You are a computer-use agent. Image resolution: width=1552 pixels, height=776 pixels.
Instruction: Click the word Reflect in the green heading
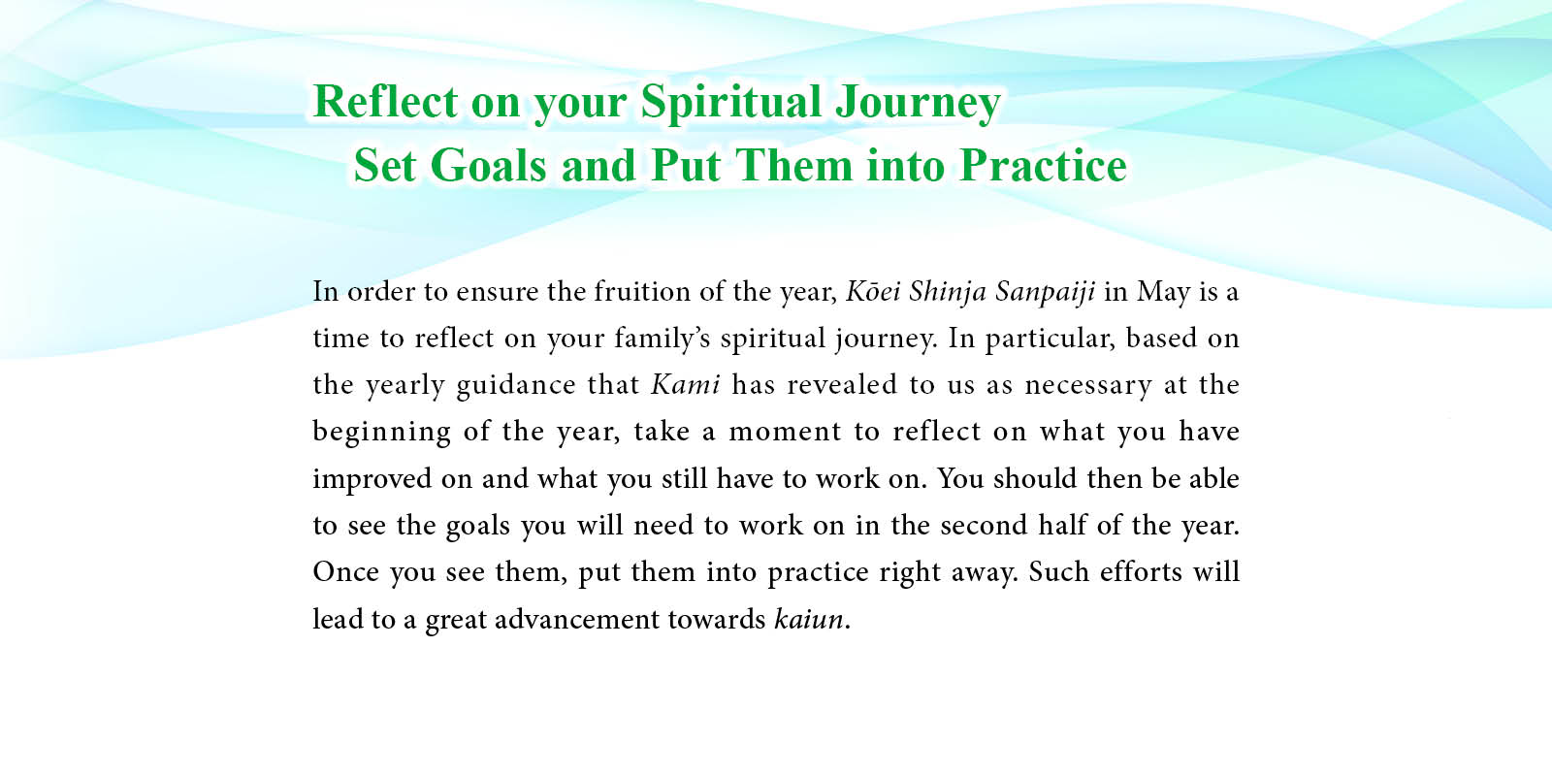(x=386, y=101)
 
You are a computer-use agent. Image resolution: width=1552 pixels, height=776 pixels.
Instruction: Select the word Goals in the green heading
(x=488, y=166)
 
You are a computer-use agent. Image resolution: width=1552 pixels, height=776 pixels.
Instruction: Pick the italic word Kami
(x=685, y=384)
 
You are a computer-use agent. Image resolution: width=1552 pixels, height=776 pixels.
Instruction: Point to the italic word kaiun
(x=809, y=618)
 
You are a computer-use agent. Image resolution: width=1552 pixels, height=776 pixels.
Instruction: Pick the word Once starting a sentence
(x=345, y=571)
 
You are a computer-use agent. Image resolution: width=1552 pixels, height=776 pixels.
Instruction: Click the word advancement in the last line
(x=576, y=618)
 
